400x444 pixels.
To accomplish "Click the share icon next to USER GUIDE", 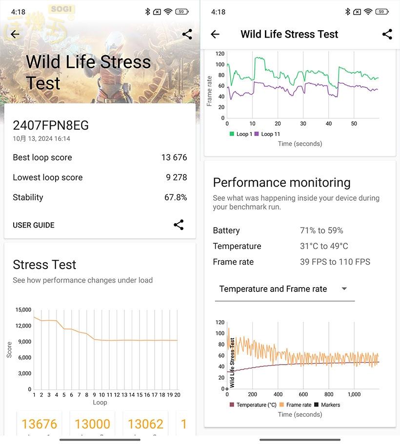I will click(179, 225).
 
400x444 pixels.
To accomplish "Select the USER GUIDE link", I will click(34, 225).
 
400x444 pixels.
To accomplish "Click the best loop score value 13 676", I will click(174, 157).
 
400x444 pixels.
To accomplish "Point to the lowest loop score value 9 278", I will click(176, 177).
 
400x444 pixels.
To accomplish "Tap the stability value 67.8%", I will click(176, 197).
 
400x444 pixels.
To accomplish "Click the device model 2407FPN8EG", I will click(51, 126).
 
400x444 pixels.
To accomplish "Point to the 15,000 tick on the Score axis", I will click(23, 310).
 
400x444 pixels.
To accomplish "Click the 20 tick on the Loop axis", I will click(178, 395).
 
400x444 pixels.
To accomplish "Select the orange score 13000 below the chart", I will click(92, 424).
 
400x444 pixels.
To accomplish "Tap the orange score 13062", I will click(145, 424).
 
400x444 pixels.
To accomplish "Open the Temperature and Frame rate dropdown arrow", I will click(344, 289).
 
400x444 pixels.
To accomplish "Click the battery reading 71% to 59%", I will click(321, 231).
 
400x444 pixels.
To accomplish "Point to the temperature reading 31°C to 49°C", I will click(324, 246).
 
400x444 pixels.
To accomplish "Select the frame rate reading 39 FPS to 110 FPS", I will click(335, 262).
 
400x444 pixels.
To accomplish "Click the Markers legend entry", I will click(330, 405).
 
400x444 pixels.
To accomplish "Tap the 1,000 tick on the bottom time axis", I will click(354, 394).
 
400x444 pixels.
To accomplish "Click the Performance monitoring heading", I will click(282, 183).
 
